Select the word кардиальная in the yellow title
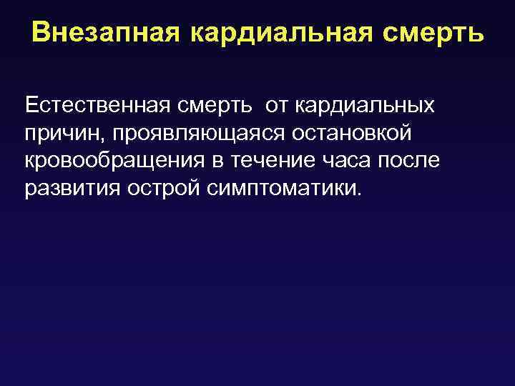click(x=284, y=33)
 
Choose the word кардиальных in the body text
click(x=366, y=106)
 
